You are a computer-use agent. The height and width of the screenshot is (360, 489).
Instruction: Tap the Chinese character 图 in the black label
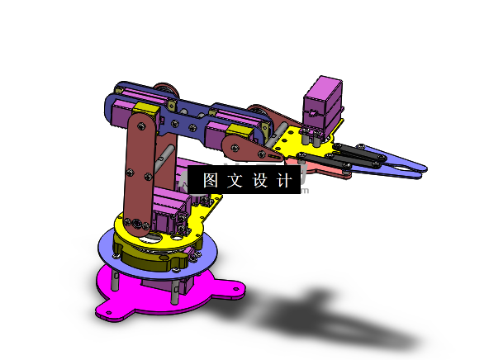(210, 181)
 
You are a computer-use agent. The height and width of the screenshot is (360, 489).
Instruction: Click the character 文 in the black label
(234, 181)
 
